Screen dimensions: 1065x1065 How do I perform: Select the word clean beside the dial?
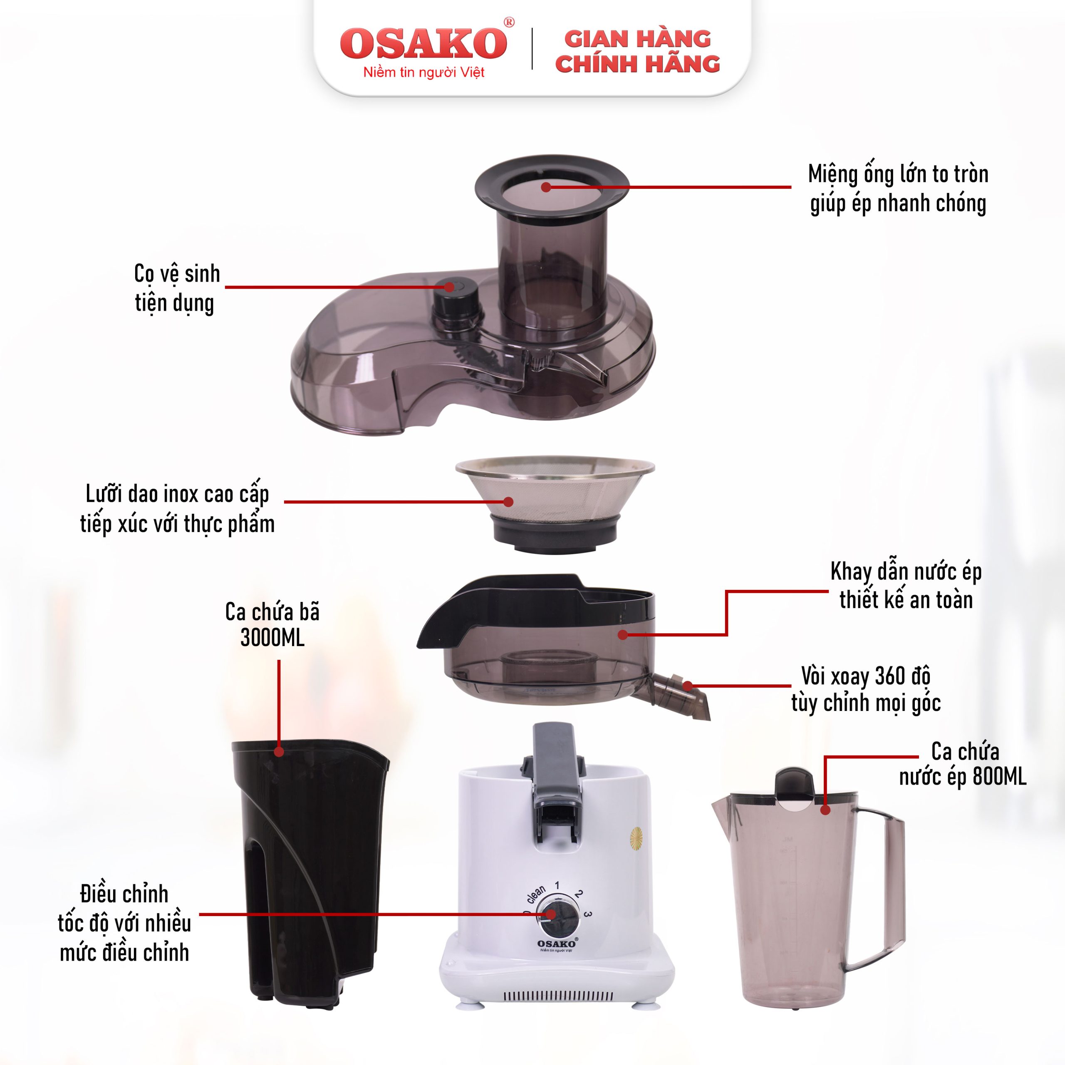coord(536,894)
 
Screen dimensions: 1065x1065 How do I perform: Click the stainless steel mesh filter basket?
coord(555,504)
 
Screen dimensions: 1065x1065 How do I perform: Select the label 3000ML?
coord(272,638)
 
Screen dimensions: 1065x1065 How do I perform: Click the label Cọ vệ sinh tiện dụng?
coord(176,288)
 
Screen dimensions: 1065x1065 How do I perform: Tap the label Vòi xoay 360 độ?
coord(865,676)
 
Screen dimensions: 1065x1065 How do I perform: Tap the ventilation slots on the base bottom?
coord(558,996)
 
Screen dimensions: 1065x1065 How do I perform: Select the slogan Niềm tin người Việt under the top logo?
coord(424,72)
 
